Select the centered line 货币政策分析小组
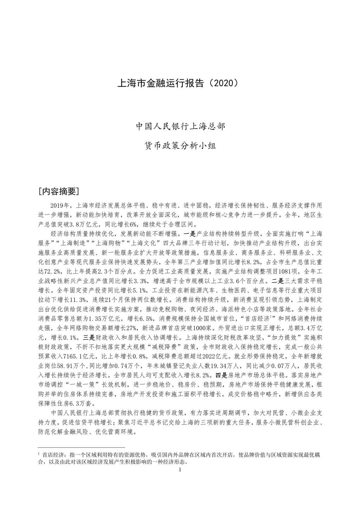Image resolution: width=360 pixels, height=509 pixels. click(x=180, y=145)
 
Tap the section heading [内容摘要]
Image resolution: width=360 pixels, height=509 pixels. click(x=59, y=191)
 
